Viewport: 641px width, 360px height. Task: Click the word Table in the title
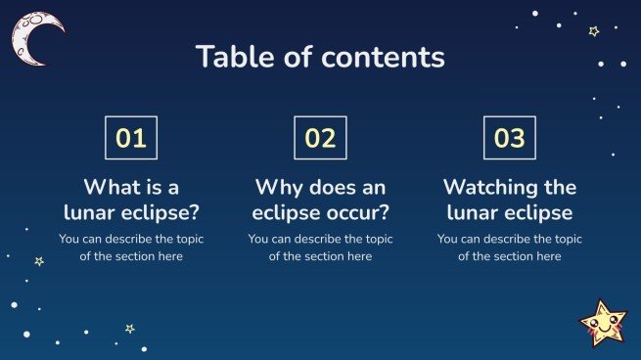point(230,57)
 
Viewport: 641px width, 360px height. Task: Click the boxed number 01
point(131,138)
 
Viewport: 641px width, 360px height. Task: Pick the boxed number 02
point(320,138)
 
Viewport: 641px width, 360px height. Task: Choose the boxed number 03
point(509,138)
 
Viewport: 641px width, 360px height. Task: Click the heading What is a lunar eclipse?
point(131,200)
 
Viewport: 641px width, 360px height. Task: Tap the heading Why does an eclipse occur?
point(320,200)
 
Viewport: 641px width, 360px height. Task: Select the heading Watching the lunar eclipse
point(509,200)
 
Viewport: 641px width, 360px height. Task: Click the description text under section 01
point(131,247)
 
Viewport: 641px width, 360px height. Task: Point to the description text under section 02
point(320,247)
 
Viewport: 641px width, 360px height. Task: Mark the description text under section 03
point(509,247)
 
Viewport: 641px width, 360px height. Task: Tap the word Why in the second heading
point(275,187)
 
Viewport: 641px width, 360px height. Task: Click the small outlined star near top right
point(593,31)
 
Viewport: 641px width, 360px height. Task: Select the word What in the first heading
point(109,187)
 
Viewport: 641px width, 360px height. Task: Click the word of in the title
point(298,57)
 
